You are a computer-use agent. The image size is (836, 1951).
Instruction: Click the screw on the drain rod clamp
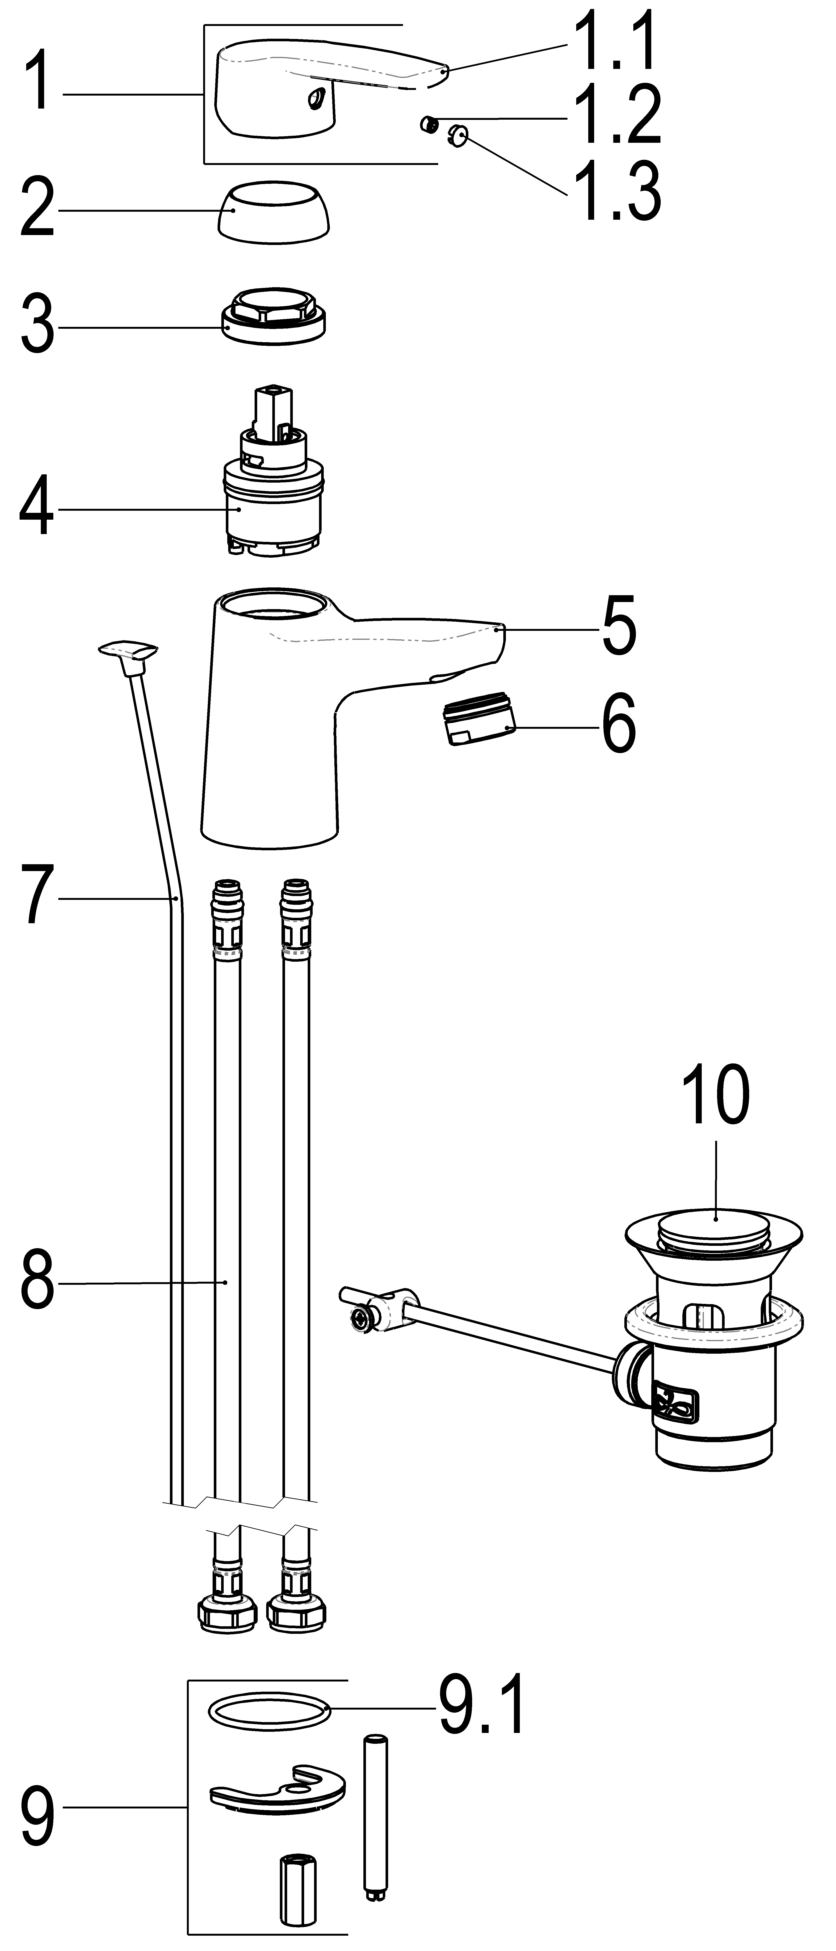(361, 1319)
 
